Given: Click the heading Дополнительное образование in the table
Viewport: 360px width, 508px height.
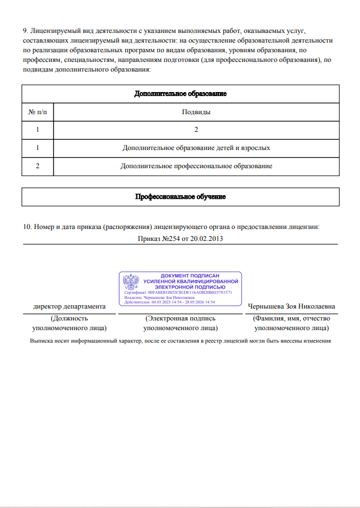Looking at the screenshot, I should click(x=180, y=94).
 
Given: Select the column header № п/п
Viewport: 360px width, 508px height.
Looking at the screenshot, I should click(x=38, y=112).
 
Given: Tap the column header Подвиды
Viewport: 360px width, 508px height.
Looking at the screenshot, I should click(x=196, y=112).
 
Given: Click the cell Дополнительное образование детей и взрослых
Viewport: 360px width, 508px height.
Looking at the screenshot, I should click(x=196, y=148).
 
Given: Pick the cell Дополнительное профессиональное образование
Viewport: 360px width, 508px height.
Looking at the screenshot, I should click(x=196, y=166).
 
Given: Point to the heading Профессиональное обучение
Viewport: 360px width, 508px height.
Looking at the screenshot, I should click(x=180, y=197).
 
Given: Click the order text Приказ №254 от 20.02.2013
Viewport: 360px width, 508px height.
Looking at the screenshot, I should click(x=180, y=239).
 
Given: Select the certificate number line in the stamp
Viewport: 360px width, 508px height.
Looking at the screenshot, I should click(x=177, y=292).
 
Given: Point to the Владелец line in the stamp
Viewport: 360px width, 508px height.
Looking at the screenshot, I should click(x=159, y=297).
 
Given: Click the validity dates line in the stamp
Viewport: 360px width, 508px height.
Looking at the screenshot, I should click(x=169, y=302).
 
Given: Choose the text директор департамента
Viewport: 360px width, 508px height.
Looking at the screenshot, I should click(x=69, y=306).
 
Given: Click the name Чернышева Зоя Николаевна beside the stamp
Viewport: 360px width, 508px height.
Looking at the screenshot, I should click(x=291, y=306).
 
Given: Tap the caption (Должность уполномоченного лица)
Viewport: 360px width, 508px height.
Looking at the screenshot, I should click(x=69, y=323).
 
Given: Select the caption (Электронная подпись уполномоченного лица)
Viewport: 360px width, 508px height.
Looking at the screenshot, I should click(x=180, y=323).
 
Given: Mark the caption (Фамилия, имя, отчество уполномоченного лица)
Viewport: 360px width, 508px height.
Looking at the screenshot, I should click(x=291, y=323).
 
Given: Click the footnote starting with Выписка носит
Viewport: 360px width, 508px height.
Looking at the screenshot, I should click(x=180, y=341).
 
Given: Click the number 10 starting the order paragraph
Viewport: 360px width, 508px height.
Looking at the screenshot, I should click(x=27, y=227).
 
